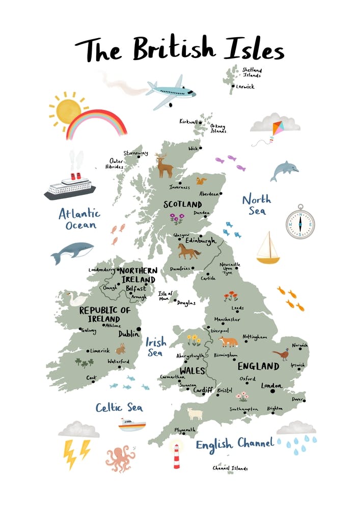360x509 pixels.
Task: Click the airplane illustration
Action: (x=170, y=92)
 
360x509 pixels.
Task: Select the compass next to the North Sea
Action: (x=299, y=221)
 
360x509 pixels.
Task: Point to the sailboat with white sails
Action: (x=268, y=248)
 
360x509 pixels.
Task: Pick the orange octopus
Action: (x=120, y=457)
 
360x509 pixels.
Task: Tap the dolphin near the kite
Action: (x=283, y=171)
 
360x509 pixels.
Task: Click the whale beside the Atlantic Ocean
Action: (x=72, y=251)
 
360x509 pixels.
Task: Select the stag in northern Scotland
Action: (x=164, y=165)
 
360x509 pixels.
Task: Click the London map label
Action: (x=271, y=386)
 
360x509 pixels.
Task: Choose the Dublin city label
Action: (x=128, y=334)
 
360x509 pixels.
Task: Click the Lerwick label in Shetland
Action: (x=245, y=87)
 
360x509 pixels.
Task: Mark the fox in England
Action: (x=228, y=342)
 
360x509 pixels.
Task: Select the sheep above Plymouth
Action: (x=194, y=413)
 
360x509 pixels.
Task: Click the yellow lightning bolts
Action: (x=76, y=452)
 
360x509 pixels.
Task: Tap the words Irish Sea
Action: (x=154, y=346)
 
